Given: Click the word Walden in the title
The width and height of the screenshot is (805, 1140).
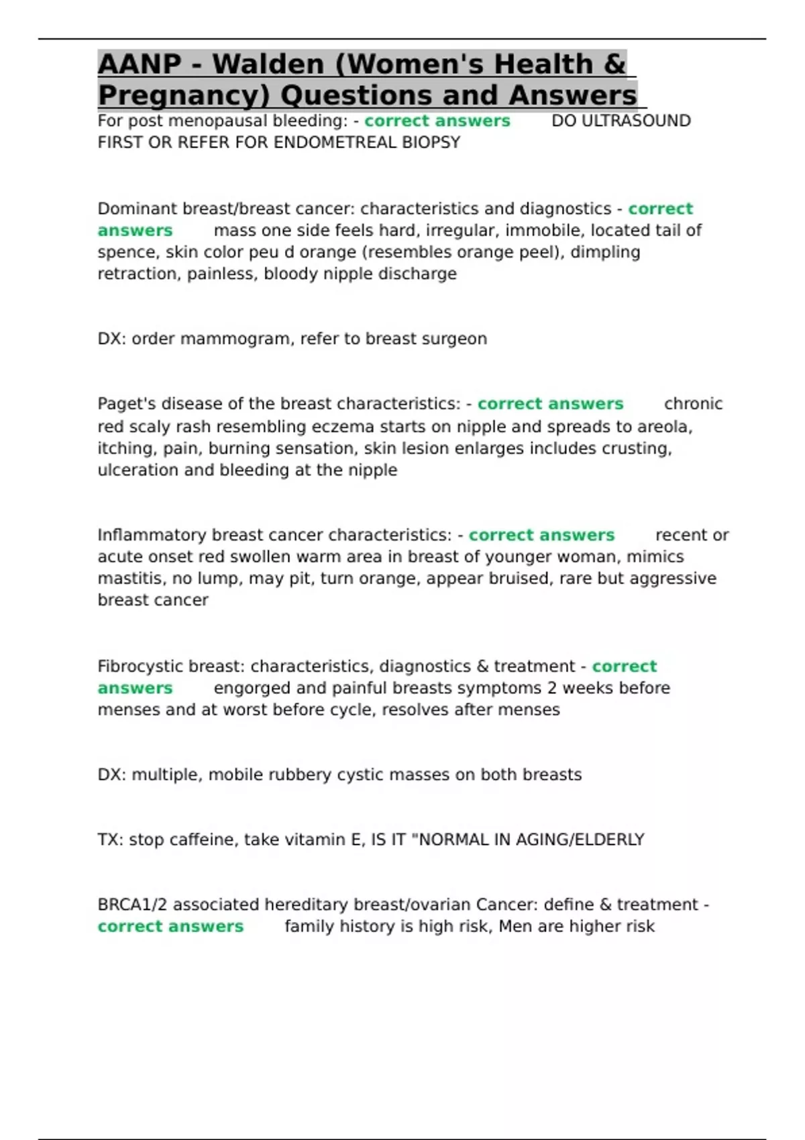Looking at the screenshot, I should [268, 64].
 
